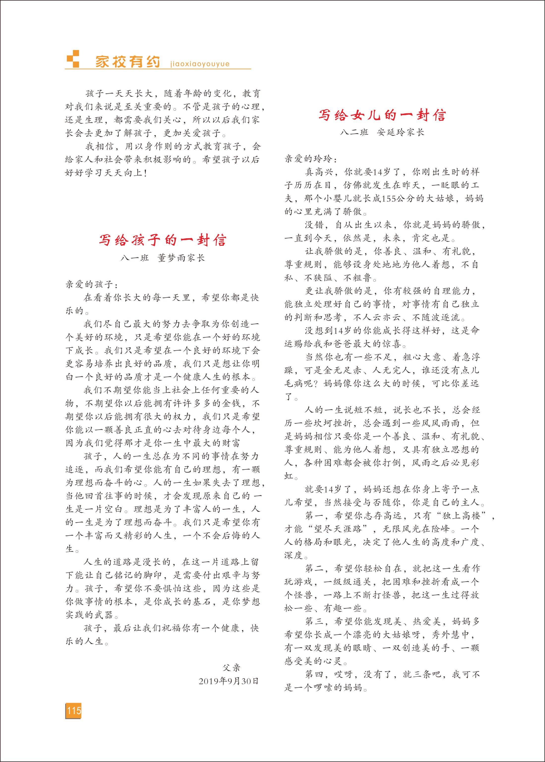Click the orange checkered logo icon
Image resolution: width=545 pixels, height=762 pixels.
click(x=73, y=60)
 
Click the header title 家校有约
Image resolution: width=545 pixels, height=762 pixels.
click(x=128, y=61)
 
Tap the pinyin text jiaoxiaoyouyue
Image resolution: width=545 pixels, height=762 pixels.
click(x=200, y=64)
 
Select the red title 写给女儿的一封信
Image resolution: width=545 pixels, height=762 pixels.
click(x=382, y=115)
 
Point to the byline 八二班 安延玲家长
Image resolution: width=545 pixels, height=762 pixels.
click(x=382, y=132)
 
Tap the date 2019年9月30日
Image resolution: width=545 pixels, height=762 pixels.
click(x=229, y=681)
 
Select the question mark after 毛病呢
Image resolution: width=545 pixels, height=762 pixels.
click(x=316, y=383)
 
